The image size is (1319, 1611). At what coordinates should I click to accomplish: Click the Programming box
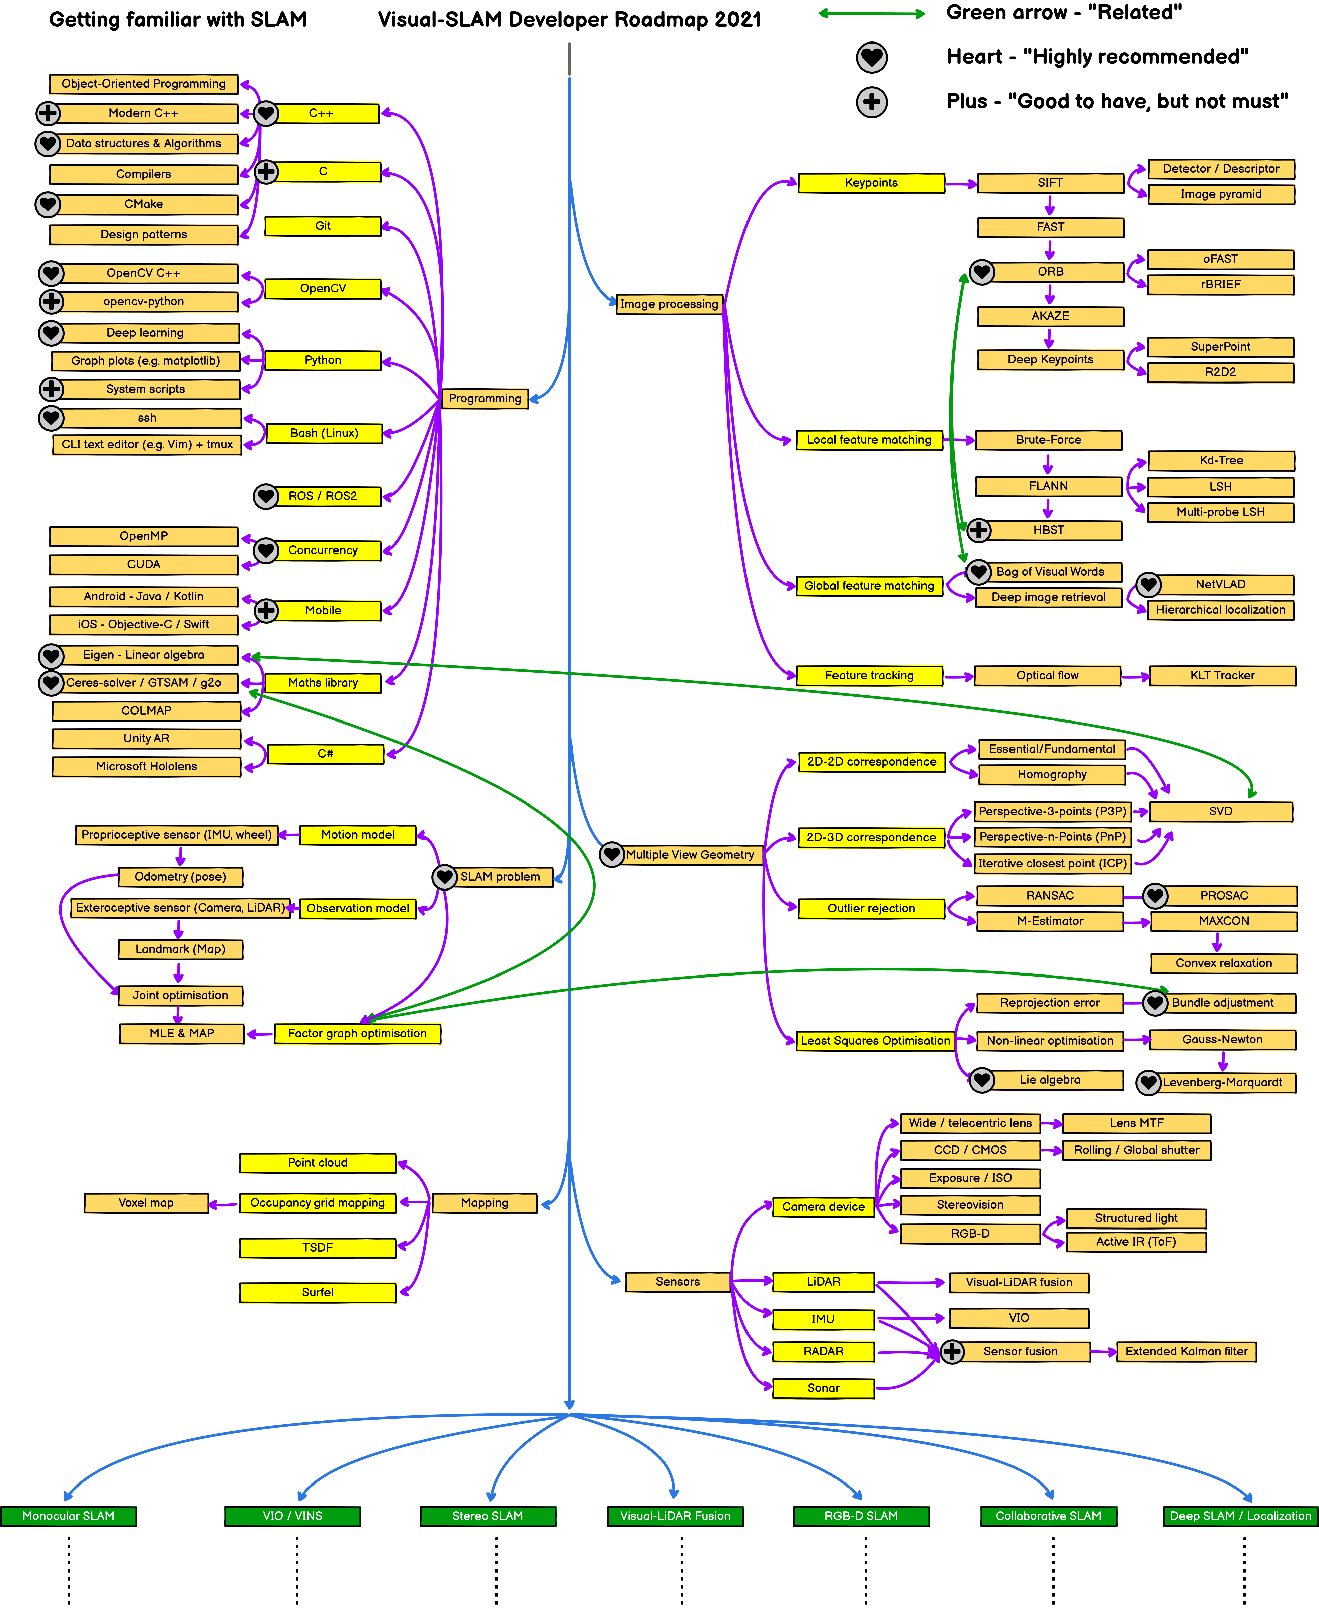485,398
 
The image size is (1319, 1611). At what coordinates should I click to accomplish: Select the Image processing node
669,304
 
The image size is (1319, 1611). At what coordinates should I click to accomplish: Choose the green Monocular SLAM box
68,1516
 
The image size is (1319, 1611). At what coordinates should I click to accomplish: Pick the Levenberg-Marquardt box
1222,1082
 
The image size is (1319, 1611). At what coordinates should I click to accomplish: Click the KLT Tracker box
1222,676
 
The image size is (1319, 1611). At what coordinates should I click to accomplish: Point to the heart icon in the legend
872,57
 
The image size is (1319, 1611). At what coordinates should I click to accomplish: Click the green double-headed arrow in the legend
872,14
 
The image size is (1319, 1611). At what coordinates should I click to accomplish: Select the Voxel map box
146,1203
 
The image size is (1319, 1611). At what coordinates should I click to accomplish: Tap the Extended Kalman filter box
1186,1351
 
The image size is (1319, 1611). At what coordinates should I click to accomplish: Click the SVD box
1220,811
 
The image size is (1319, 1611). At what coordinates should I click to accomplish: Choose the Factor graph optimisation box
357,1033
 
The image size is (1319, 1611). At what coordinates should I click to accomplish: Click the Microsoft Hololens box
146,766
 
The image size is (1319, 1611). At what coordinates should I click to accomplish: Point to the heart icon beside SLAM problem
444,877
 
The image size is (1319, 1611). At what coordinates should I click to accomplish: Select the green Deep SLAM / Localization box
1240,1516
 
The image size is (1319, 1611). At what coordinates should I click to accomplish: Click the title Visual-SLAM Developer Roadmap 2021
569,20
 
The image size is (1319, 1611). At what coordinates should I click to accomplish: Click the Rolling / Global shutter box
1136,1150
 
